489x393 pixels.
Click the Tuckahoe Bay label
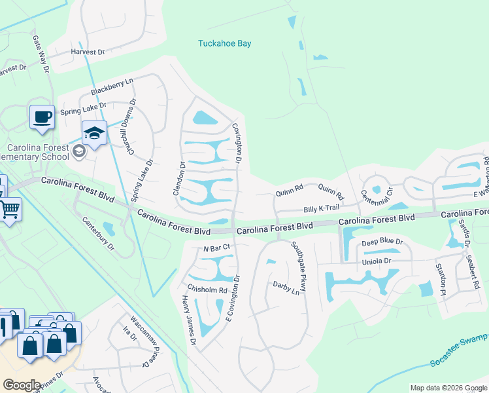225,44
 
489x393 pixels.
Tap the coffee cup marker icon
42,117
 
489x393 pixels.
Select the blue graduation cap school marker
94,134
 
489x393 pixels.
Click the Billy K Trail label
321,208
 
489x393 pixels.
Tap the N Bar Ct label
217,248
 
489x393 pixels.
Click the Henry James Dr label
189,320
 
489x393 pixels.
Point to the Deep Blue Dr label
382,242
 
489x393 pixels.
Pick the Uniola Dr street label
376,261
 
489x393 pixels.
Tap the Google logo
22,384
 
